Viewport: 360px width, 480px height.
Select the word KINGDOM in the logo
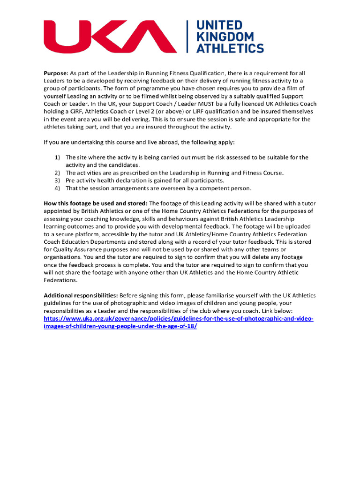click(225, 37)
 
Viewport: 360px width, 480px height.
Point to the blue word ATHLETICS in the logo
click(230, 48)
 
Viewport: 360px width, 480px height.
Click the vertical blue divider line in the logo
click(187, 37)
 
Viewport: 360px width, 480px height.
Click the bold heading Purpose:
click(56, 73)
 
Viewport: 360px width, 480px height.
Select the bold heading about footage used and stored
click(96, 203)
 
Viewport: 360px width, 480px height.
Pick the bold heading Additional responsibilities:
click(81, 295)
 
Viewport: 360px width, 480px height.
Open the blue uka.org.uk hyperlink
click(178, 318)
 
